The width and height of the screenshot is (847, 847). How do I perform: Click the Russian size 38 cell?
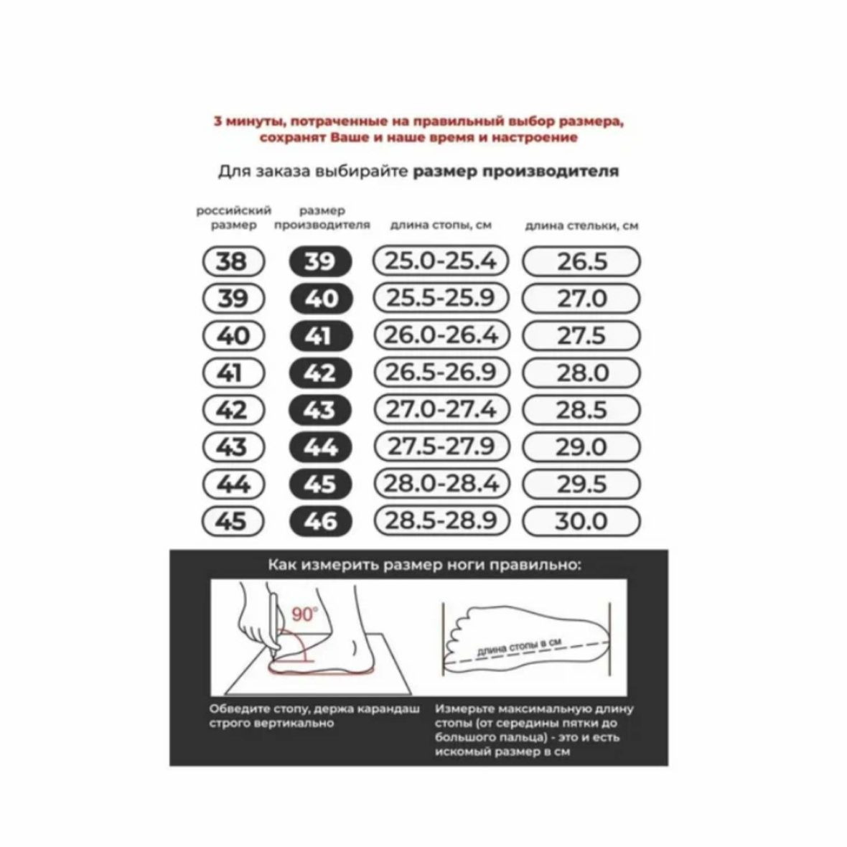[x=233, y=261]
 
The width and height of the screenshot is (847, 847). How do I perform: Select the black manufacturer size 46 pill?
[x=321, y=521]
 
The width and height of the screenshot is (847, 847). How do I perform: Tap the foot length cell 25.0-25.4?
[x=441, y=261]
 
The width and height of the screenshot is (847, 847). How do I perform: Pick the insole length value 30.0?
[x=581, y=521]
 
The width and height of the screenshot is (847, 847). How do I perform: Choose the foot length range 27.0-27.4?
[x=441, y=409]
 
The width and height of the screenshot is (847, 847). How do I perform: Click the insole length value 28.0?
[x=581, y=373]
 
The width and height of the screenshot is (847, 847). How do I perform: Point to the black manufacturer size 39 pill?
[x=321, y=261]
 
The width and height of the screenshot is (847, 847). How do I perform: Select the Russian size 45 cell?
[x=233, y=521]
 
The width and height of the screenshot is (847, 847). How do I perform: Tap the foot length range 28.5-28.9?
[x=441, y=520]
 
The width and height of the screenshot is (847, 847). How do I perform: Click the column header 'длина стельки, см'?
[x=581, y=225]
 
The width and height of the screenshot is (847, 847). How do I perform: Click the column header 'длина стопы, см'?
[x=441, y=225]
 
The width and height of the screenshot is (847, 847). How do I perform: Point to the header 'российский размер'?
[x=233, y=217]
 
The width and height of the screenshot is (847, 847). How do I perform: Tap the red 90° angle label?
[x=304, y=614]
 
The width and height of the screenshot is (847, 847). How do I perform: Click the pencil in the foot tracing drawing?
[x=274, y=626]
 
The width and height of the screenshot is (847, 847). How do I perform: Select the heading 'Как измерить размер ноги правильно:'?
[x=425, y=565]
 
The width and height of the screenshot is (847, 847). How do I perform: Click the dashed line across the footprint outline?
[x=527, y=652]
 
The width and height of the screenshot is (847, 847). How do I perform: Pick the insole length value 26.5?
[x=581, y=261]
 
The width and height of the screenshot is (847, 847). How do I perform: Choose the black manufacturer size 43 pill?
[x=321, y=410]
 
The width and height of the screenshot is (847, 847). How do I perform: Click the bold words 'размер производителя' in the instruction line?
[x=516, y=172]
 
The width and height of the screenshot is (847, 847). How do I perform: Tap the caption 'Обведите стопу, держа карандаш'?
[x=314, y=708]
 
